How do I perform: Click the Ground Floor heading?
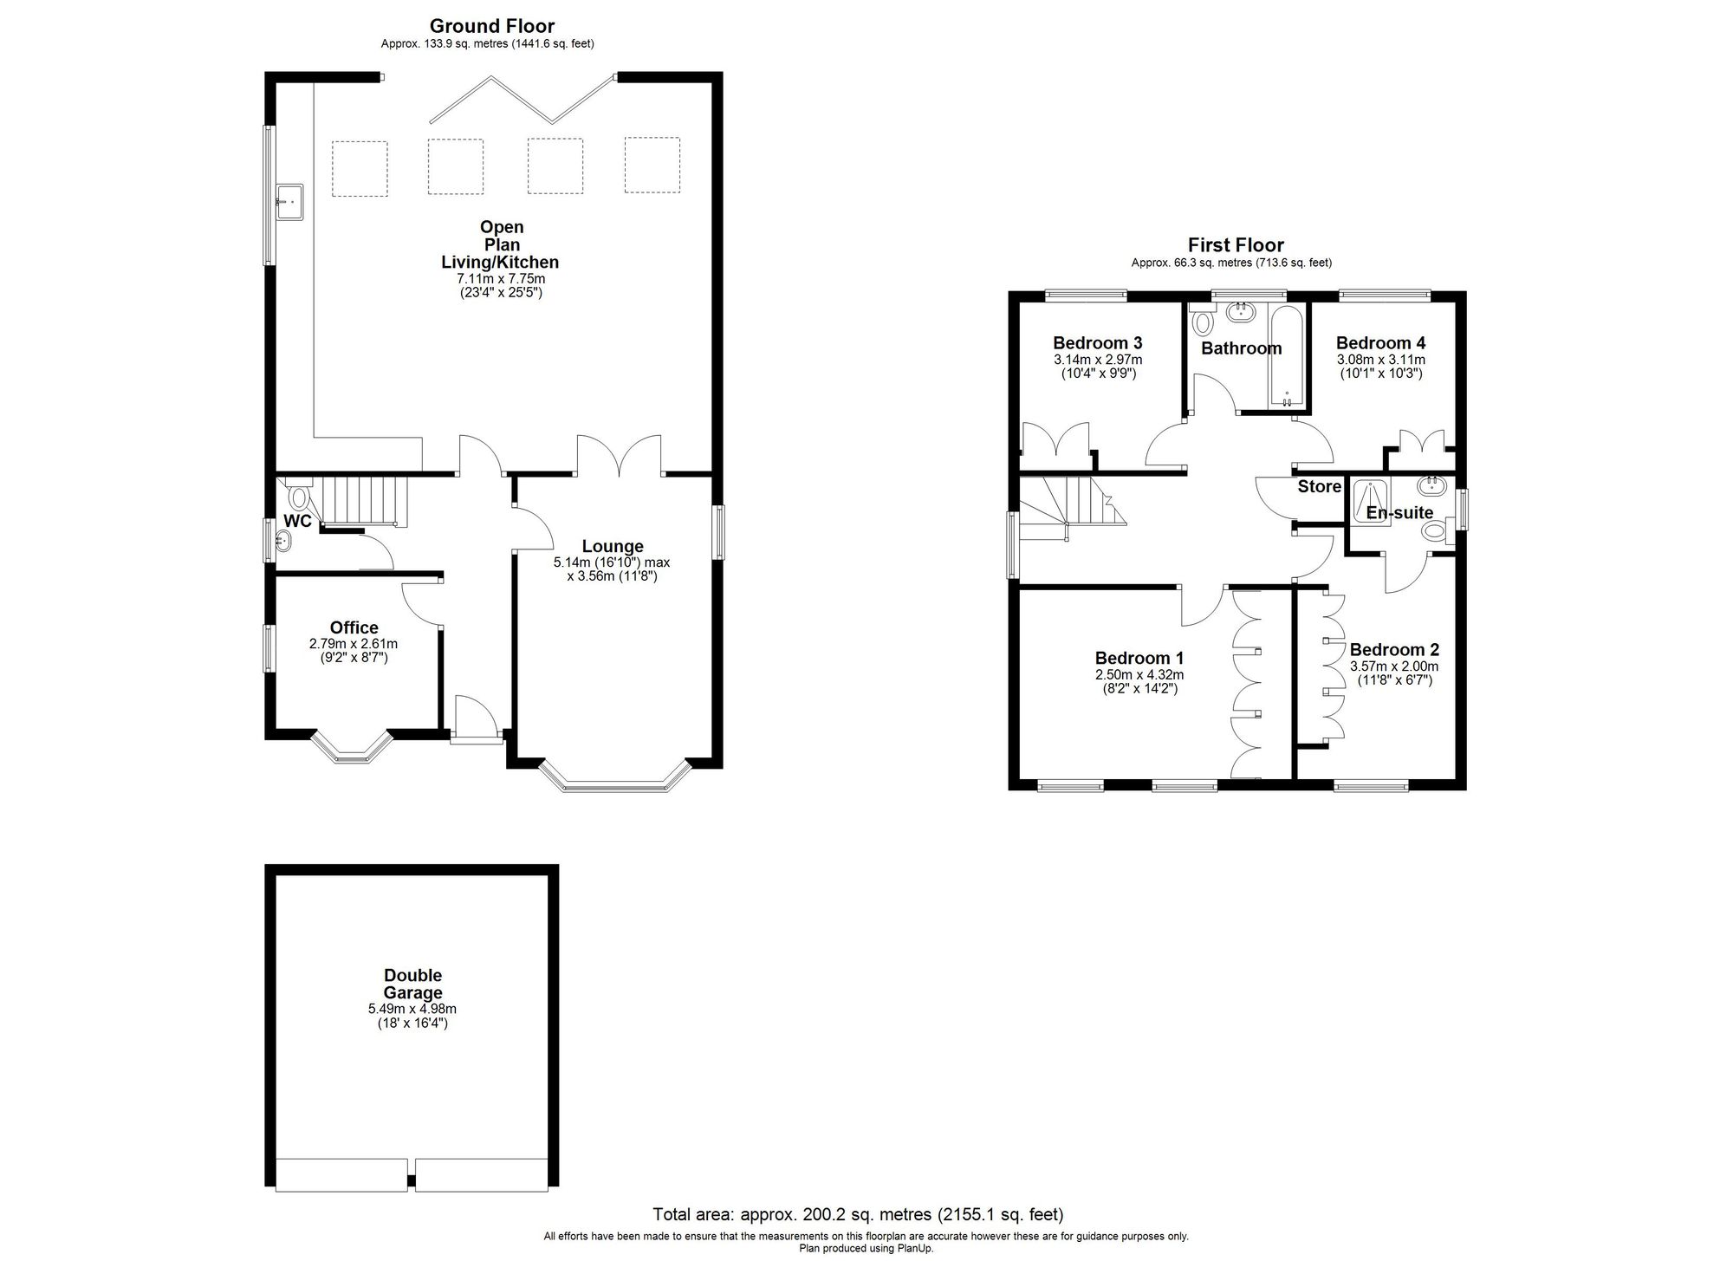click(x=491, y=26)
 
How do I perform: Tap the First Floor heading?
click(x=1235, y=245)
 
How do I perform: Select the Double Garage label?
click(x=413, y=985)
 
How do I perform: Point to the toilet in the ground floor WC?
click(x=299, y=497)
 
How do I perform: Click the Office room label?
click(x=354, y=628)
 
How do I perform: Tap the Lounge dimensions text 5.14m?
click(x=612, y=562)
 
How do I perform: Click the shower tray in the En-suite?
click(x=1370, y=501)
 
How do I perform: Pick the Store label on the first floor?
click(x=1319, y=487)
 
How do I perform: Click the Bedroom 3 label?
click(x=1097, y=343)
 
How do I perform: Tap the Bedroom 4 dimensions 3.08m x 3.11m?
click(x=1380, y=360)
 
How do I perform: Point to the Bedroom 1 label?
click(x=1139, y=659)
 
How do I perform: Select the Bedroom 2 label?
click(x=1393, y=650)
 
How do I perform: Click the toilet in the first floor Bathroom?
click(x=1203, y=323)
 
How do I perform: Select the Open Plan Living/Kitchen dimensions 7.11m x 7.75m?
click(x=500, y=279)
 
